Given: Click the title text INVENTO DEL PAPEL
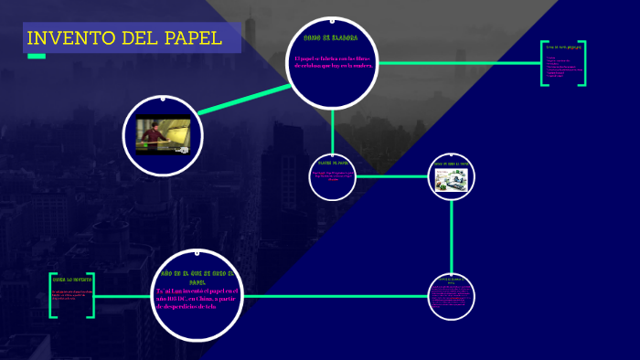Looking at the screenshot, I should pos(123,38).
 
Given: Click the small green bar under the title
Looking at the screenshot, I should pos(37,57).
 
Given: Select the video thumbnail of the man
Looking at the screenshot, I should pos(162,134).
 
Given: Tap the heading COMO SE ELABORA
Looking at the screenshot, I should pos(330,38).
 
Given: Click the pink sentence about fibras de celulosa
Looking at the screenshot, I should pos(334,63).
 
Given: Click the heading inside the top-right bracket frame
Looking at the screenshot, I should pos(563,47).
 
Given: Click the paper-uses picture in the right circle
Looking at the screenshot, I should pos(453,177).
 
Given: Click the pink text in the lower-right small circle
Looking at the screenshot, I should pos(452,296).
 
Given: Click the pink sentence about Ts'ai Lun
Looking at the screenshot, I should pos(197,299).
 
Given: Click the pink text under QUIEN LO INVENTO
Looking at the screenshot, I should pos(70,294).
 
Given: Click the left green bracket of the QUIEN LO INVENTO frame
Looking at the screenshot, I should pos(52,295).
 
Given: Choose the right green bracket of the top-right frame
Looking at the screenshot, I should pos(582,63).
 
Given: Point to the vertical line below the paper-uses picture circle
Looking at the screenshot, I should pos(453,238).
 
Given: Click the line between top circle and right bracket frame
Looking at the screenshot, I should pos(457,63).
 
